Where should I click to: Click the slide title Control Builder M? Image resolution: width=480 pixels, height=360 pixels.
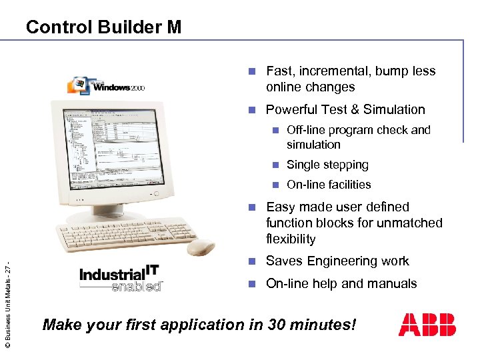point(103,27)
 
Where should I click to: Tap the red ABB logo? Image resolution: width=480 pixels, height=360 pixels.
point(427,325)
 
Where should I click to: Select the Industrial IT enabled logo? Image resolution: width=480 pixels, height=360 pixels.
point(121,278)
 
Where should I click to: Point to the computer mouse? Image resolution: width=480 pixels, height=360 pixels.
point(200,247)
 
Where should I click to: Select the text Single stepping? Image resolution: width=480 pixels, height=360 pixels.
point(327,165)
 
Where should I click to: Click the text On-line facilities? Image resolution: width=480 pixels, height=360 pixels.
point(329,185)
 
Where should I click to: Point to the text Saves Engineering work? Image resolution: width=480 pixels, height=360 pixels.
point(337,261)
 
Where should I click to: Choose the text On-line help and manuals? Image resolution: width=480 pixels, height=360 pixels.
point(341,283)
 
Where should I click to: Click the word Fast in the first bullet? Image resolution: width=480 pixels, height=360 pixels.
point(279,71)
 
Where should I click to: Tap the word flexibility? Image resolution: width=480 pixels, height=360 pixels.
point(291,239)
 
